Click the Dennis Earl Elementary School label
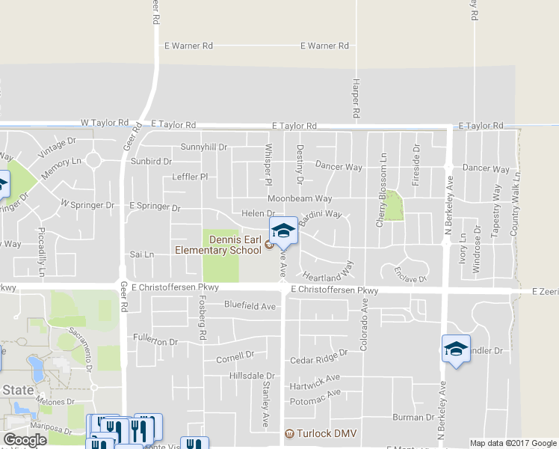click(x=218, y=245)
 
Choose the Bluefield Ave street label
click(x=250, y=305)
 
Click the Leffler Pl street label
click(x=189, y=177)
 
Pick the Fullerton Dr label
click(x=155, y=340)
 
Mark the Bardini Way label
click(x=320, y=218)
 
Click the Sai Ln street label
click(x=142, y=254)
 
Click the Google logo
click(x=25, y=440)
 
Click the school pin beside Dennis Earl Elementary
click(x=283, y=231)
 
